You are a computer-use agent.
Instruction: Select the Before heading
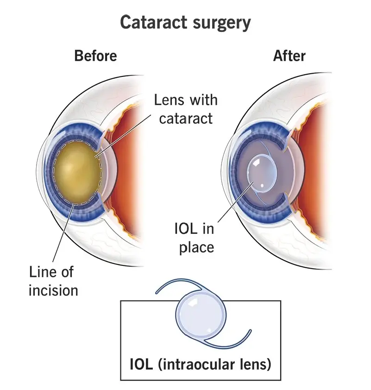95,56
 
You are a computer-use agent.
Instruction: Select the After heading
289,56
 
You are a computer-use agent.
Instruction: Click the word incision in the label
53,290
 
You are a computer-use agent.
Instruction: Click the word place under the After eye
196,247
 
